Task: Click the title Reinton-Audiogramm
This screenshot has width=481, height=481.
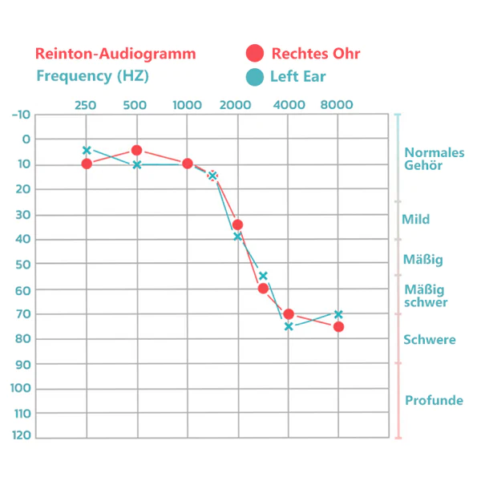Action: pyautogui.click(x=115, y=54)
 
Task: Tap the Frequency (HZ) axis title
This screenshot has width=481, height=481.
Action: pyautogui.click(x=93, y=76)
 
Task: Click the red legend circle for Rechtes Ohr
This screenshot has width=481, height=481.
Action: pyautogui.click(x=255, y=54)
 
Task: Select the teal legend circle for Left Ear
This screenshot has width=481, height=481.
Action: pyautogui.click(x=255, y=77)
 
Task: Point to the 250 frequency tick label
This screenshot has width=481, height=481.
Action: pyautogui.click(x=86, y=105)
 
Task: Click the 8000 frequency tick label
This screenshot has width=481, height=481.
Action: pyautogui.click(x=337, y=105)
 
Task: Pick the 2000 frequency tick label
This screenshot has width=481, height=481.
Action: pyautogui.click(x=237, y=105)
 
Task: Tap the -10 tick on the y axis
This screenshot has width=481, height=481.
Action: pyautogui.click(x=21, y=114)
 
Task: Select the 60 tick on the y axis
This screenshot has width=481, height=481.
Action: pyautogui.click(x=22, y=289)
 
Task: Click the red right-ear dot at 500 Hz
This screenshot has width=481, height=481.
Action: pyautogui.click(x=137, y=150)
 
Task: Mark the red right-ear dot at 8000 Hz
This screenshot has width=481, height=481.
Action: pyautogui.click(x=338, y=326)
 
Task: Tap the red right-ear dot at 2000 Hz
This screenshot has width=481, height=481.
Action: pyautogui.click(x=237, y=224)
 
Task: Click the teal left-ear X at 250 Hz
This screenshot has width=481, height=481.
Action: pyautogui.click(x=87, y=150)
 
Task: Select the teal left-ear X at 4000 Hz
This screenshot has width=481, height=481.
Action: pyautogui.click(x=288, y=326)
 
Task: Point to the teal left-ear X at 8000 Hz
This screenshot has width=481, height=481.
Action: pyautogui.click(x=338, y=313)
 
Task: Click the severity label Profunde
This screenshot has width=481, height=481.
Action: pyautogui.click(x=434, y=400)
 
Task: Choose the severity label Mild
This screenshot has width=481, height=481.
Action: pyautogui.click(x=415, y=219)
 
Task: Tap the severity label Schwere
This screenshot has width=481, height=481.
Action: pyautogui.click(x=430, y=339)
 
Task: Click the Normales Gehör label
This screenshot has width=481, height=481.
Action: pyautogui.click(x=434, y=159)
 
